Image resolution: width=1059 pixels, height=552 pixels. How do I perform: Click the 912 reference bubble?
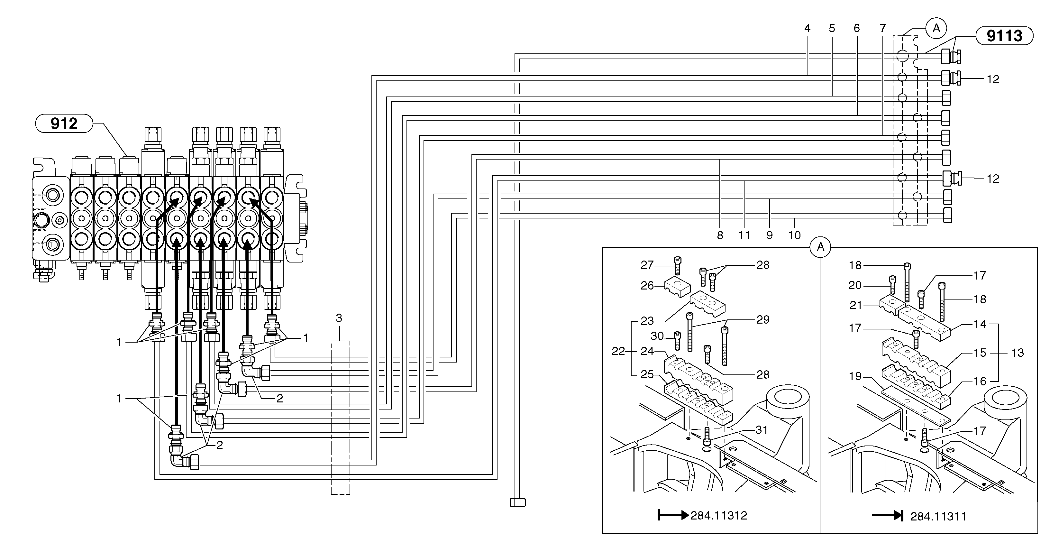pos(64,124)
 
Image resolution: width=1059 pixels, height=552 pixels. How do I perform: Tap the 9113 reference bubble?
pos(1004,36)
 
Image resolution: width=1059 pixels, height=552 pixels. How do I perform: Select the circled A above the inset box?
pos(820,247)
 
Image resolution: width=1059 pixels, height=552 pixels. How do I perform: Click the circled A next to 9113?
pos(936,28)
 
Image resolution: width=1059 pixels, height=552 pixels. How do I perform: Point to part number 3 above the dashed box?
pos(339,318)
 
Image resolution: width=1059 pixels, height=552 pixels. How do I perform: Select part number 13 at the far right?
pos(1018,353)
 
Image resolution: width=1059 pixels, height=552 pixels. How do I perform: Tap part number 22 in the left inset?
pos(618,351)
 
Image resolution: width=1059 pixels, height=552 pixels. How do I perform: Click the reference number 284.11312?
pos(719,515)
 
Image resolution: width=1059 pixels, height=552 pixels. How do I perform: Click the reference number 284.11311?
pos(938,517)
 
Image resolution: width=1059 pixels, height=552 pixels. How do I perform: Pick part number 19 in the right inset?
pos(855,376)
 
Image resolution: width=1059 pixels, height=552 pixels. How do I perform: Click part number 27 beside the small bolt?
pos(647,265)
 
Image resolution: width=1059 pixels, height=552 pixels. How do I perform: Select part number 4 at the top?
pos(807,28)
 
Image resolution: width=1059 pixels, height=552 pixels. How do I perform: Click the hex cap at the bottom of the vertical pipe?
pos(517,502)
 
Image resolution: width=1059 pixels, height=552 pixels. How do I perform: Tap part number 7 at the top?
pos(883,28)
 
